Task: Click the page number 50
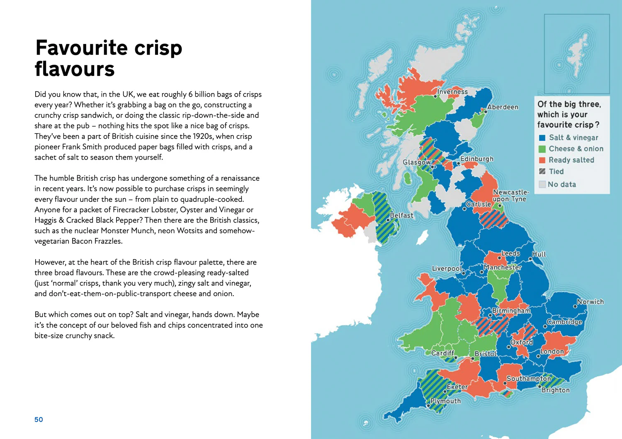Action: pyautogui.click(x=39, y=420)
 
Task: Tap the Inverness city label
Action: pyautogui.click(x=452, y=92)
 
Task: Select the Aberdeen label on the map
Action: pyautogui.click(x=503, y=107)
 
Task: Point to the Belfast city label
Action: pyautogui.click(x=401, y=215)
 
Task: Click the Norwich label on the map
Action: pyautogui.click(x=590, y=302)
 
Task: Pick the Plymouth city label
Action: pyautogui.click(x=445, y=401)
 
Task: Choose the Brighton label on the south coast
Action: pyautogui.click(x=555, y=390)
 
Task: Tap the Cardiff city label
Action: pyautogui.click(x=442, y=353)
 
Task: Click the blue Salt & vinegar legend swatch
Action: pyautogui.click(x=542, y=138)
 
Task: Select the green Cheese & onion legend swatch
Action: pyautogui.click(x=542, y=149)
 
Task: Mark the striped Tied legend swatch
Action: pyautogui.click(x=542, y=171)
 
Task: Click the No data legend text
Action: pyautogui.click(x=562, y=184)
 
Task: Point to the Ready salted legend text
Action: pyautogui.click(x=571, y=160)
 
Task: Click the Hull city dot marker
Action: pyautogui.click(x=530, y=259)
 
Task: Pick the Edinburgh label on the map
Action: pyautogui.click(x=477, y=159)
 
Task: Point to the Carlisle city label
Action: pyautogui.click(x=479, y=204)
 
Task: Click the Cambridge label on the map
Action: pyautogui.click(x=564, y=322)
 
